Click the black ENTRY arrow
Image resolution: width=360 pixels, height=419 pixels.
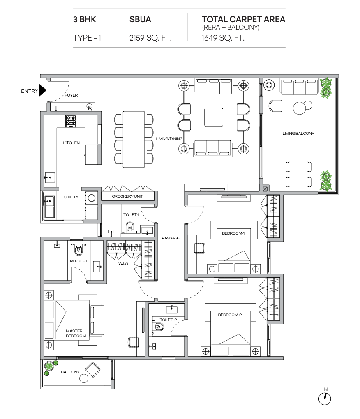(42, 90)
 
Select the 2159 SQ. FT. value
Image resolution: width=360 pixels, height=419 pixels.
(150, 38)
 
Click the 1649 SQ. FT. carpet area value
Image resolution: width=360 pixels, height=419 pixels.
(223, 38)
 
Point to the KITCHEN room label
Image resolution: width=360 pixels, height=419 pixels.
(71, 143)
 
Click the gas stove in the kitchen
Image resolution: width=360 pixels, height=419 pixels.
(71, 121)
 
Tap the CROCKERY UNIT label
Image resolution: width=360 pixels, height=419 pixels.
(127, 196)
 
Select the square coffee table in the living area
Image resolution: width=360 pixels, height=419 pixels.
(214, 117)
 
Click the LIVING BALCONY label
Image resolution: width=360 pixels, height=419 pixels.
(298, 134)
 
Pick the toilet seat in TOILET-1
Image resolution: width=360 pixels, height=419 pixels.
(130, 228)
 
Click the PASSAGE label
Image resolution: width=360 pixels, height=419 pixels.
(171, 238)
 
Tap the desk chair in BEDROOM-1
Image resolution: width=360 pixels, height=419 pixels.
(200, 247)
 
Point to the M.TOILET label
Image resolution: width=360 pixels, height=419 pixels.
(78, 261)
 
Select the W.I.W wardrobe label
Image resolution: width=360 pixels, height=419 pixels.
(123, 263)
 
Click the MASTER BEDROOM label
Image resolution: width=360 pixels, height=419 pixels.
(76, 333)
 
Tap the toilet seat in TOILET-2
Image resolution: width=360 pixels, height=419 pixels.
(159, 327)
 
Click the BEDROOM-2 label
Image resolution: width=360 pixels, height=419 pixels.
(230, 315)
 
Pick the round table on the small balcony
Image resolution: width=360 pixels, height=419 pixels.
(84, 378)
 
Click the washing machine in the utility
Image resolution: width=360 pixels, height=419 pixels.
(91, 198)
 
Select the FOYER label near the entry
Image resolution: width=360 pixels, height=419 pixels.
(71, 95)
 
